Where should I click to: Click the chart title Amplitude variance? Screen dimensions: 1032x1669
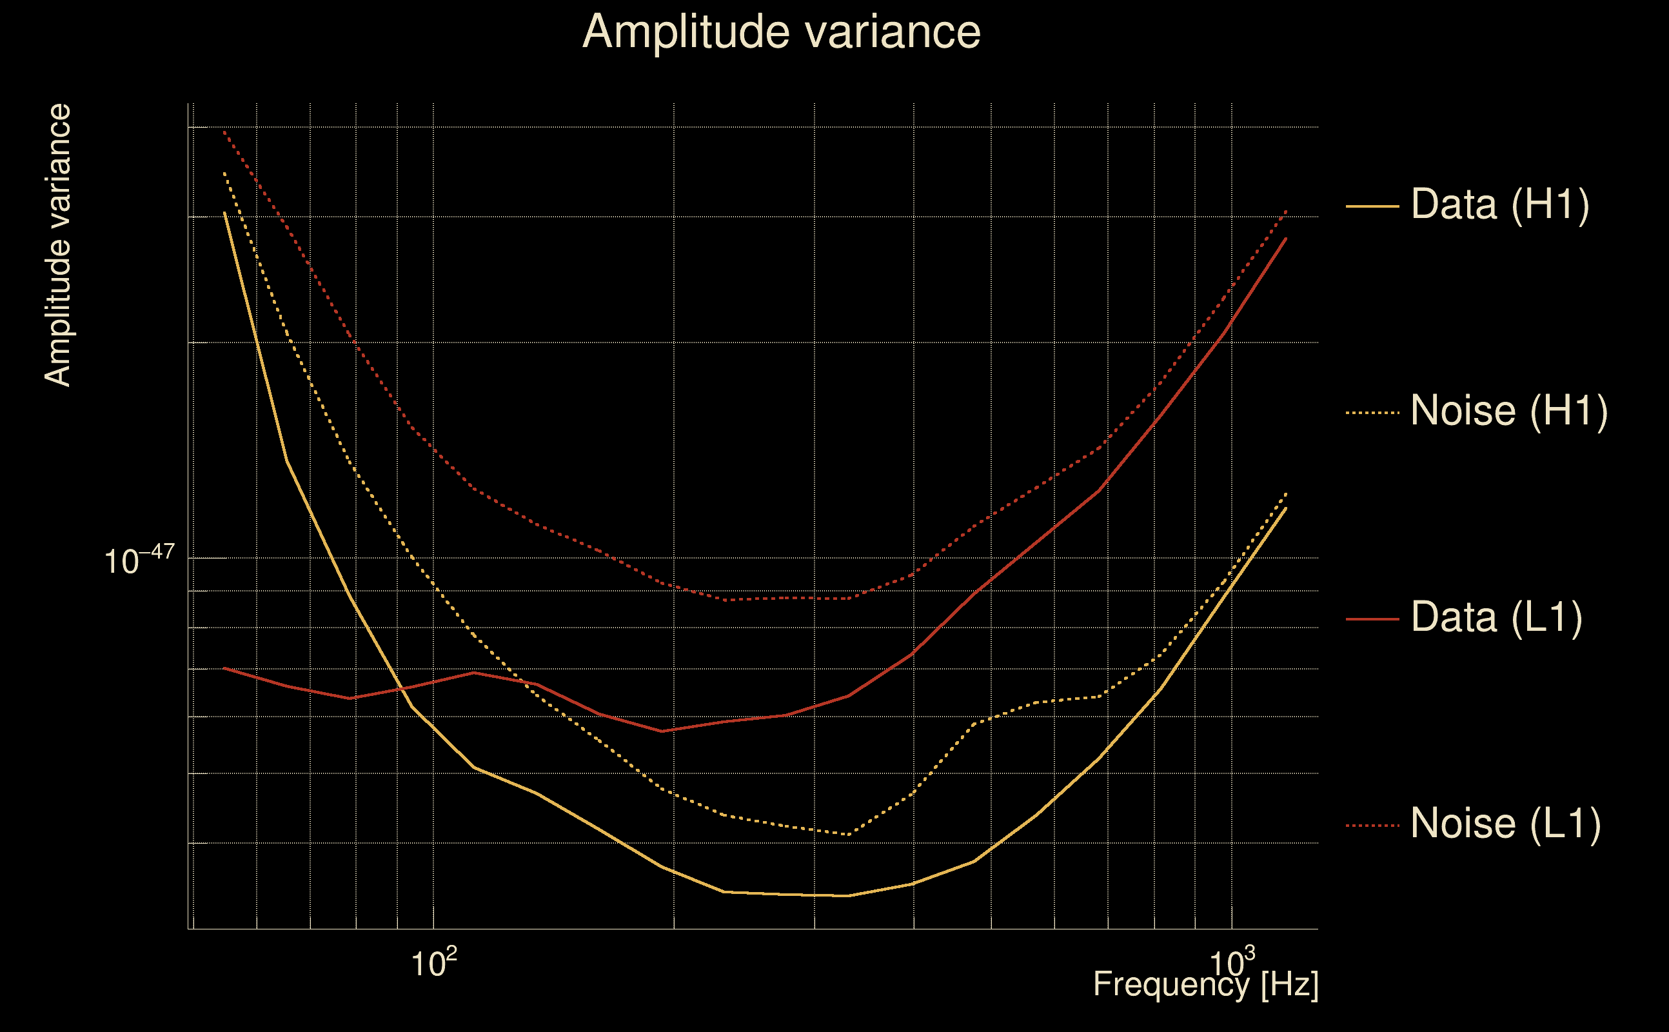(x=781, y=32)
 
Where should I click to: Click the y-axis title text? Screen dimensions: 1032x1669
(x=57, y=246)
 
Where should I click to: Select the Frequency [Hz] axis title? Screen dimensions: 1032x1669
(x=1206, y=985)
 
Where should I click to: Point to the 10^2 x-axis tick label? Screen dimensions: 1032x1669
(x=433, y=963)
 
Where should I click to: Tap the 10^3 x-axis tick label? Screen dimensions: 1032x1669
(x=1232, y=963)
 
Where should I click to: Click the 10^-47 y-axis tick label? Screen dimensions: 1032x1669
(x=139, y=561)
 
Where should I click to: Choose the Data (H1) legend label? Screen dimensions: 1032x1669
(x=1500, y=204)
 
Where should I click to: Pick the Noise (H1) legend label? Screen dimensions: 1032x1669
(x=1508, y=411)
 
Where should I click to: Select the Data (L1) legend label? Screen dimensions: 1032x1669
(x=1496, y=618)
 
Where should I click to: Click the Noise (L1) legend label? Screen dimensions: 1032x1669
(x=1505, y=824)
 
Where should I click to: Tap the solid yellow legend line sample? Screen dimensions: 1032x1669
(x=1372, y=206)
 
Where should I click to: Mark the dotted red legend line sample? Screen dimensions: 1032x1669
(x=1372, y=825)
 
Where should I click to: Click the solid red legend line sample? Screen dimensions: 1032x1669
(x=1372, y=619)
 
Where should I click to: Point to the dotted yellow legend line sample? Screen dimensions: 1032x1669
(x=1372, y=413)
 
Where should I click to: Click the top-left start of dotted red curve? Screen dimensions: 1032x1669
(x=224, y=132)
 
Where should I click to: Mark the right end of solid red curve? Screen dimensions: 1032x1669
(x=1286, y=238)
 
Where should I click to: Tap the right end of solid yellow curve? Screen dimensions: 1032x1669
(x=1286, y=508)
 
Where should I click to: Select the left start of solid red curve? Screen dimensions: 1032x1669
(x=224, y=668)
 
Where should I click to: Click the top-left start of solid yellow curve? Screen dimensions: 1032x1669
(x=224, y=212)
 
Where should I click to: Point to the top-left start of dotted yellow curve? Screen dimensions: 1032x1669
(x=224, y=174)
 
